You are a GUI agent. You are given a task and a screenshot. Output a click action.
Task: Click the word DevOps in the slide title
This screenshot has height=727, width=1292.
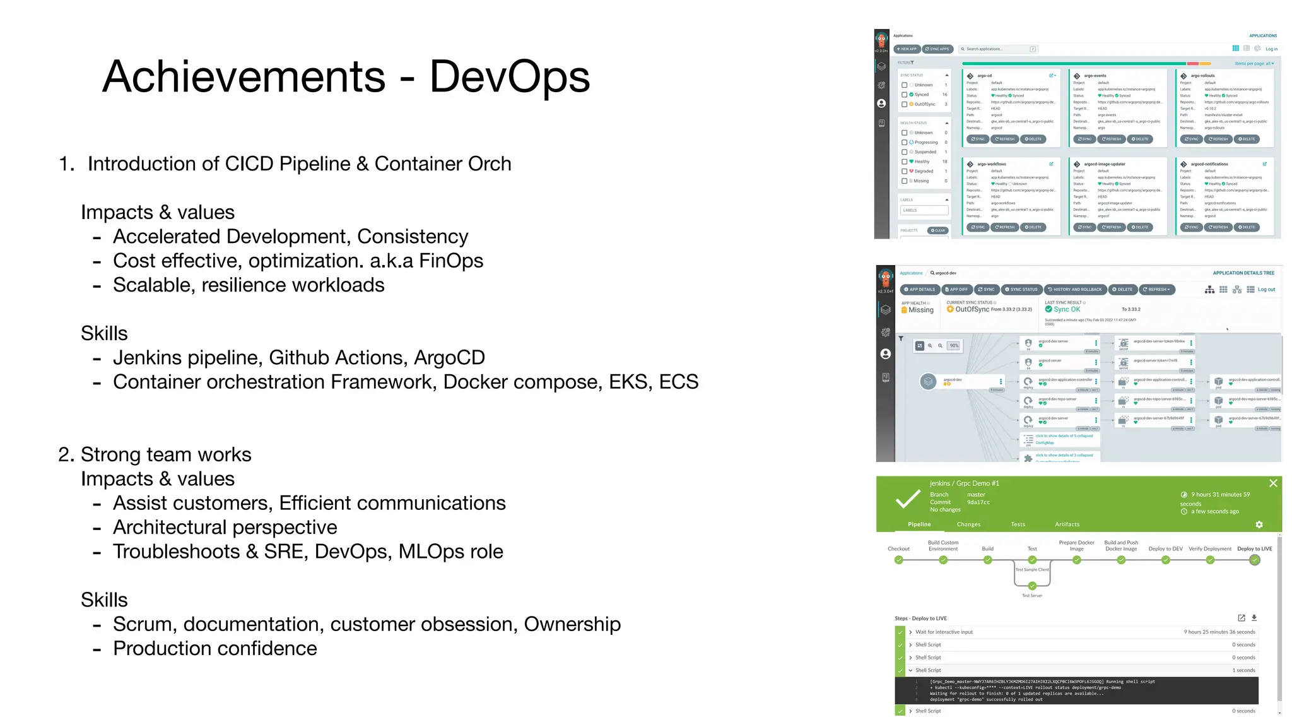[x=509, y=77]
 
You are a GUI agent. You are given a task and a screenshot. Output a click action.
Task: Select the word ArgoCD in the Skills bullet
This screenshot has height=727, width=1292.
[x=449, y=358]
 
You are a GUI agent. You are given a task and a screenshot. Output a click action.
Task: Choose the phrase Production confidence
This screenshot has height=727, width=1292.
[x=214, y=649]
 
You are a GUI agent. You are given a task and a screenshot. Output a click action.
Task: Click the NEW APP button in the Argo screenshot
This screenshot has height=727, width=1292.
[x=907, y=49]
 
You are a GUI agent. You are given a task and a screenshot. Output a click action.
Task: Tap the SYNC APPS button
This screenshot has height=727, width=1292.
[x=937, y=49]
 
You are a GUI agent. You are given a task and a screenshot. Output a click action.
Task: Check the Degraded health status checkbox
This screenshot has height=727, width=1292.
[x=904, y=171]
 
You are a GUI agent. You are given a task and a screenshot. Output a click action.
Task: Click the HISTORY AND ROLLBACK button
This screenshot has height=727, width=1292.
[x=1074, y=290]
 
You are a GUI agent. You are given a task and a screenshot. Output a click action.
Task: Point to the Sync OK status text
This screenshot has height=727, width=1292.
[x=1067, y=309]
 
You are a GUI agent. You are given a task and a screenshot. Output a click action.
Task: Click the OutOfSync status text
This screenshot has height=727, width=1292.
[x=972, y=309]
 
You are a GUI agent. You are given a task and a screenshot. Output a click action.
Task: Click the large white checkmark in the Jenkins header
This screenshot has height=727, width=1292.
[x=907, y=499]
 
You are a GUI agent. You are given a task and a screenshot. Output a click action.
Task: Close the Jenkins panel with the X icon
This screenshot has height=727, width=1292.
[x=1273, y=483]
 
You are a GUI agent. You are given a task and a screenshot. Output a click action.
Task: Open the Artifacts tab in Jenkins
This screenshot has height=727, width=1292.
[x=1067, y=524]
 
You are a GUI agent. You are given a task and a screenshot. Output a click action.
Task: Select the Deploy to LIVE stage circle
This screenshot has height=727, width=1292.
[x=1255, y=560]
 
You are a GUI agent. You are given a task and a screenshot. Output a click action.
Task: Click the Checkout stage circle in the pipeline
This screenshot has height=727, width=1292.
[x=898, y=560]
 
